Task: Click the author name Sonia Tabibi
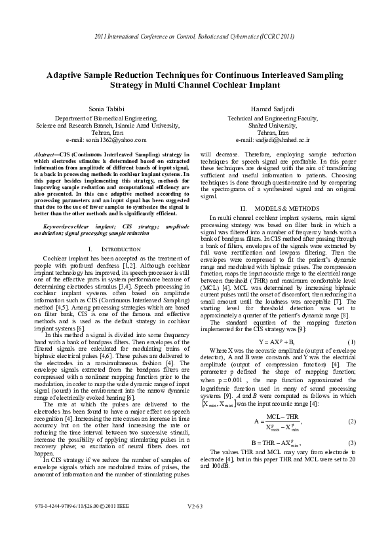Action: point(100,107)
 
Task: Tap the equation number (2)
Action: point(351,421)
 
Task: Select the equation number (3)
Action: point(351,443)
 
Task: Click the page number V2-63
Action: point(195,525)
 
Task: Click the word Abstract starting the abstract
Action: point(47,153)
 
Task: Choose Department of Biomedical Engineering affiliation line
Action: point(100,118)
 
